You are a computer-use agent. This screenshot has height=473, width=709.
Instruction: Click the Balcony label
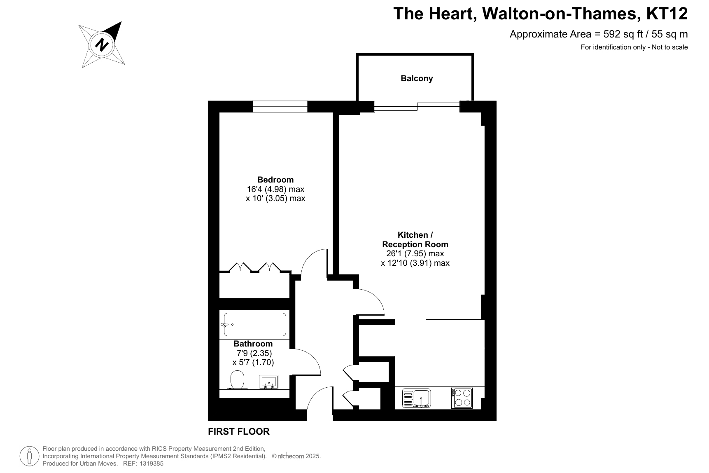pyautogui.click(x=417, y=78)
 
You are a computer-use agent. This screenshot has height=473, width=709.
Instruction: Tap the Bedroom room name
pyautogui.click(x=275, y=180)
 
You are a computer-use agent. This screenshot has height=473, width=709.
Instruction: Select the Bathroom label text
pyautogui.click(x=253, y=344)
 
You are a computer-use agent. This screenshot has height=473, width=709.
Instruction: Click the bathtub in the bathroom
pyautogui.click(x=255, y=324)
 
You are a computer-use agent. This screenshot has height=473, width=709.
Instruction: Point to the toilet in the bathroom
pyautogui.click(x=238, y=380)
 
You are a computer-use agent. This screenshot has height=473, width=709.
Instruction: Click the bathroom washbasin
pyautogui.click(x=268, y=382)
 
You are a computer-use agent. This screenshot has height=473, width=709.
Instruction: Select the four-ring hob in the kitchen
pyautogui.click(x=462, y=398)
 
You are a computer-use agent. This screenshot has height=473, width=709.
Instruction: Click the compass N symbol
pyautogui.click(x=102, y=44)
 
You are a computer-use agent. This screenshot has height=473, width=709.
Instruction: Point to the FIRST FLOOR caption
pyautogui.click(x=239, y=432)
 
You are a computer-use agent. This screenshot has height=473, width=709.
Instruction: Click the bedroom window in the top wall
pyautogui.click(x=280, y=106)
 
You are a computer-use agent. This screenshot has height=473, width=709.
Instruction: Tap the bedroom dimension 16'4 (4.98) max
pyautogui.click(x=275, y=189)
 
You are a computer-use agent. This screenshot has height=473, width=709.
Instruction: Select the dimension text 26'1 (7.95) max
pyautogui.click(x=415, y=253)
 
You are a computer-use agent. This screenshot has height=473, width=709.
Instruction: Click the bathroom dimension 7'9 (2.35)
pyautogui.click(x=254, y=353)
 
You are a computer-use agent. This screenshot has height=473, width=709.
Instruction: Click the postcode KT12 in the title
pyautogui.click(x=667, y=14)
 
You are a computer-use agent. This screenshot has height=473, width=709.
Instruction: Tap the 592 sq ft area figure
pyautogui.click(x=623, y=34)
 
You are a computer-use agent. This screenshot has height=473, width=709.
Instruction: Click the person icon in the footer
pyautogui.click(x=29, y=456)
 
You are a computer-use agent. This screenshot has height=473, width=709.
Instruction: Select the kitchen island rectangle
pyautogui.click(x=455, y=333)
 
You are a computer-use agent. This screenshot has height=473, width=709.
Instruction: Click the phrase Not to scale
pyautogui.click(x=669, y=47)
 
